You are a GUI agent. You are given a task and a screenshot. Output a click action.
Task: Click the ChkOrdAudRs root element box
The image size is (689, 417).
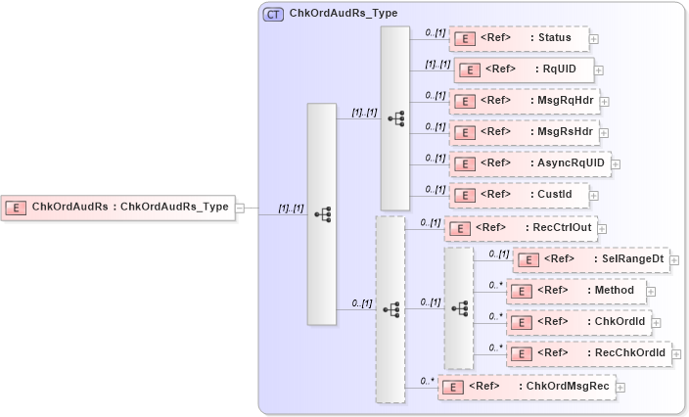[x=117, y=207]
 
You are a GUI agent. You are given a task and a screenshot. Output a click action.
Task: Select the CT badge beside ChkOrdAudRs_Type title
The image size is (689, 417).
[x=273, y=15]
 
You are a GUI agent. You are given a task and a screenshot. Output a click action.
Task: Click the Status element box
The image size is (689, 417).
[x=519, y=38]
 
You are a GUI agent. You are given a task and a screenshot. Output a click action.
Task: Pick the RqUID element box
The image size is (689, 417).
[x=523, y=69]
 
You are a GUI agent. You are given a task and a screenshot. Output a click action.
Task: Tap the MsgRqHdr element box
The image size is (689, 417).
[x=524, y=100]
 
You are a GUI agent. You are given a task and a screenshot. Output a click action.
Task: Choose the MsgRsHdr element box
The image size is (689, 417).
[x=524, y=131]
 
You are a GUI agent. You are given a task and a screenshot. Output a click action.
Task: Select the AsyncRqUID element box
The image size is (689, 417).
[x=529, y=162]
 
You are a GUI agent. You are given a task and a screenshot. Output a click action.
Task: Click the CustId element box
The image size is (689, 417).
[x=519, y=194]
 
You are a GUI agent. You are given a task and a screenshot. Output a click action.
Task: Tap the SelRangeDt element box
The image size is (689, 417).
[x=590, y=259]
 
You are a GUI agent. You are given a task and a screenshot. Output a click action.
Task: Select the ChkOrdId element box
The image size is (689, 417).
[x=577, y=321]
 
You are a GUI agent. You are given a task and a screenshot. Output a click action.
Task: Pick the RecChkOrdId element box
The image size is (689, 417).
[x=588, y=352]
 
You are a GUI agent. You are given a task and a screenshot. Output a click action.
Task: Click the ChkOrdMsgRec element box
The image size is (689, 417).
[x=527, y=387]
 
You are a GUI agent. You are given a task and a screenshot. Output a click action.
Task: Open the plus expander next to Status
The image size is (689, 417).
[x=594, y=39]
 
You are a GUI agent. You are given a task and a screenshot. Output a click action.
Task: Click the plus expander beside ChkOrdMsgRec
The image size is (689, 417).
[x=620, y=388]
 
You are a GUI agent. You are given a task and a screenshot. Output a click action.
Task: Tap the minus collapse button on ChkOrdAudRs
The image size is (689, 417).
[x=241, y=208]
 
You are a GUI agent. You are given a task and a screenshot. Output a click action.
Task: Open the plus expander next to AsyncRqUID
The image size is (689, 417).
[x=616, y=163]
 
